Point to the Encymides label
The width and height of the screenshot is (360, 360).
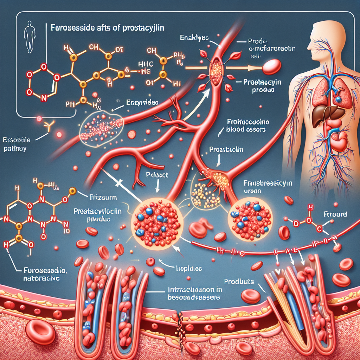[142, 103]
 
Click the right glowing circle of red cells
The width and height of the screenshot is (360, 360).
[250, 218]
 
